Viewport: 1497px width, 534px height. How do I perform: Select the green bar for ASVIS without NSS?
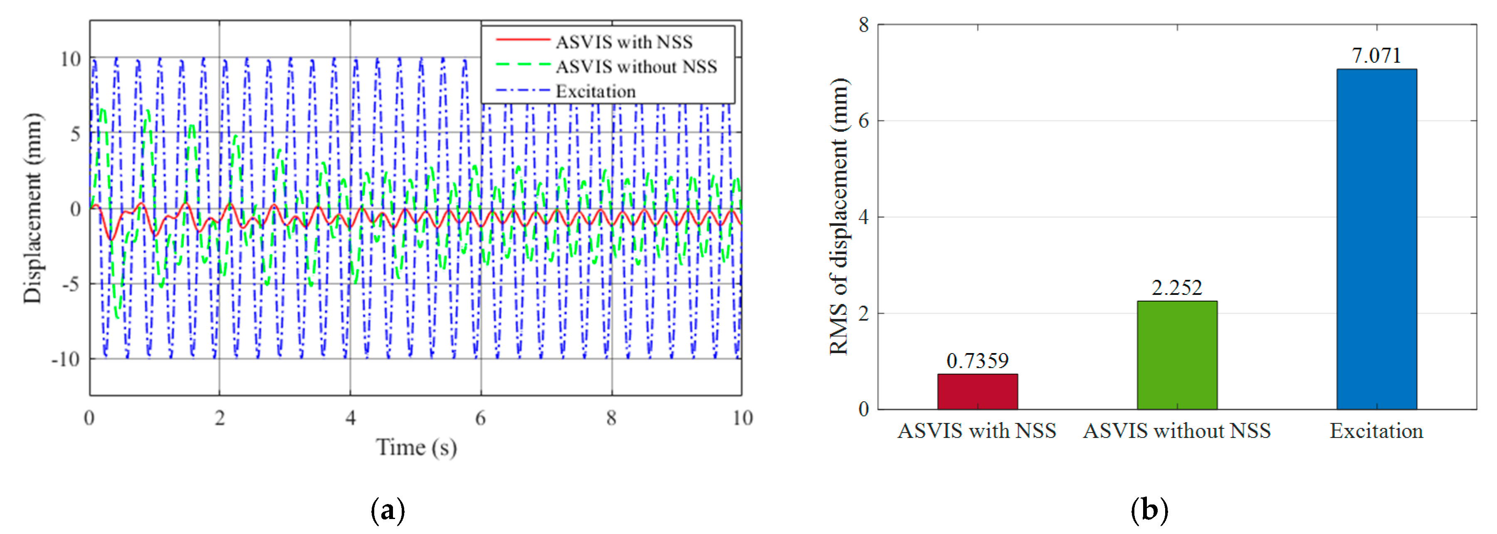click(1177, 355)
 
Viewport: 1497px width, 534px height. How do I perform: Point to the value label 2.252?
click(1177, 288)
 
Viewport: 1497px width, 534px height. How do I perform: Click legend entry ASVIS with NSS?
click(624, 42)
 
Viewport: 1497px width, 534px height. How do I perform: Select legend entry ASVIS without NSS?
click(636, 67)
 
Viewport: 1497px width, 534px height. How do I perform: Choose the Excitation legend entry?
click(595, 91)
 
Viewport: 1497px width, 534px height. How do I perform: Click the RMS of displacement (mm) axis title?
click(839, 216)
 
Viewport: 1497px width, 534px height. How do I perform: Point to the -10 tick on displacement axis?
click(66, 359)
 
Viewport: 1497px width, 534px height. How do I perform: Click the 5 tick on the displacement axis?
click(75, 133)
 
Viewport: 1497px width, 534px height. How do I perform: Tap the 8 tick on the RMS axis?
click(864, 25)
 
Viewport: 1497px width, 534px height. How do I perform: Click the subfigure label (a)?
click(388, 510)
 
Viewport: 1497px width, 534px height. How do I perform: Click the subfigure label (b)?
click(1149, 510)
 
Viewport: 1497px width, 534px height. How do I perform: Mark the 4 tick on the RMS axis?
click(864, 218)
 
